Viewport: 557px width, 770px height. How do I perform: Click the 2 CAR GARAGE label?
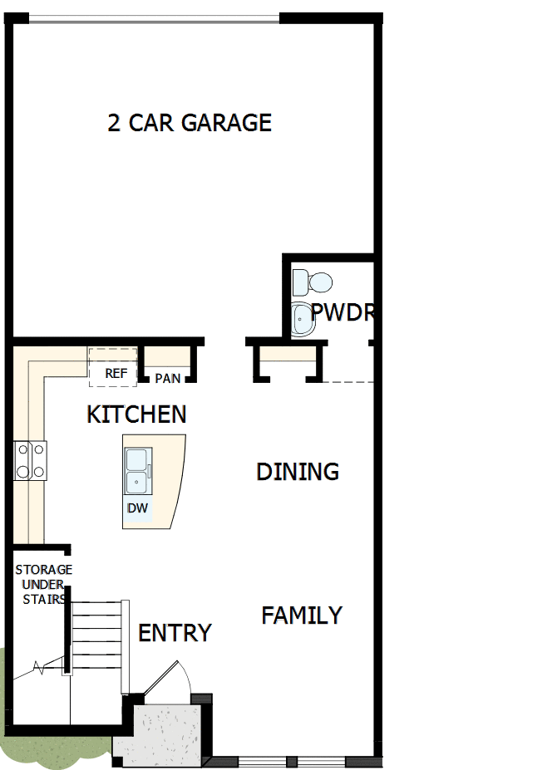coord(190,123)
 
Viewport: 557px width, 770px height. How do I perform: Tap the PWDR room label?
coord(342,312)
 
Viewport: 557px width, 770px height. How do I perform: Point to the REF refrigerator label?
coord(116,374)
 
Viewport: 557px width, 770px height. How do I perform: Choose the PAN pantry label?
coord(167,378)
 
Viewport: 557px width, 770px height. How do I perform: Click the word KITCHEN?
coord(136,414)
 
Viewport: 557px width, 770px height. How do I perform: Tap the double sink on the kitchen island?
coord(138,471)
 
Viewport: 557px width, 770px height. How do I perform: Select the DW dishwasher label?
coord(137,508)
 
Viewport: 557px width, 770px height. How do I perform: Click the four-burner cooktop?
coord(30,460)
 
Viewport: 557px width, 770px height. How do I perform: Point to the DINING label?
coord(298,472)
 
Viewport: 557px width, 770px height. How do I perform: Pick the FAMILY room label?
coord(302,616)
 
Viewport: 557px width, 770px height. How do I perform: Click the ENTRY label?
coord(175,633)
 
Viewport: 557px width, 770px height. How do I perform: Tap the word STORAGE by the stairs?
coord(44,570)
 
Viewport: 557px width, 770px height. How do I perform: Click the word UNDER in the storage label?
coord(43,585)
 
